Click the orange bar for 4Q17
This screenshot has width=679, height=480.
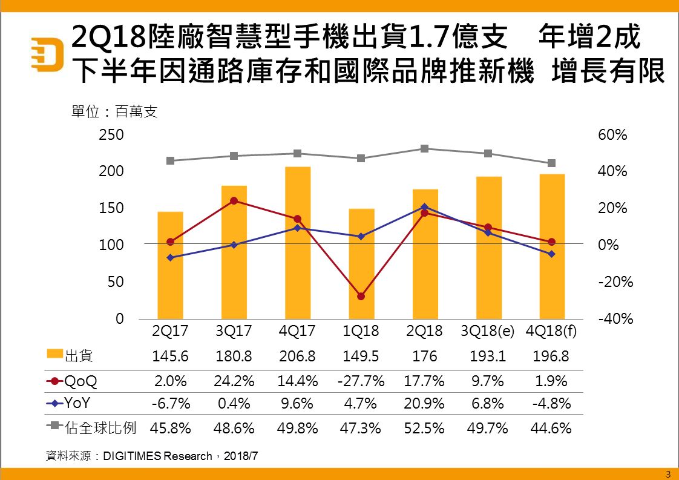coord(297,242)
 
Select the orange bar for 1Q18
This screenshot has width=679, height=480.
coord(361,263)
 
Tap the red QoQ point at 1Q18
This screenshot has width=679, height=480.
coord(361,296)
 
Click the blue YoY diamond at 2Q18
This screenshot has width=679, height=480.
coord(425,206)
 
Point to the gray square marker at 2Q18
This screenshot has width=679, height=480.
coord(425,148)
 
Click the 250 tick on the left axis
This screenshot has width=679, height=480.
coord(111,135)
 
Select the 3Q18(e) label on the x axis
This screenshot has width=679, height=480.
coord(488,332)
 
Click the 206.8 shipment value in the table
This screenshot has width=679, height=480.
coord(297,357)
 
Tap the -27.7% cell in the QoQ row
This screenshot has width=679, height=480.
coord(361,381)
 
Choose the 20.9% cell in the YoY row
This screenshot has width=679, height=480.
coord(424,403)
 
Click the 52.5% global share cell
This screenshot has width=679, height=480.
coord(424,429)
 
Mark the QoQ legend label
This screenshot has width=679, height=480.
coord(80,381)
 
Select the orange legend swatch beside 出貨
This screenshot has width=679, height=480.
coord(55,354)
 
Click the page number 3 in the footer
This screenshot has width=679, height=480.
coord(668,473)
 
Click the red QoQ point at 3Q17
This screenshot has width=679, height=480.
coord(234,200)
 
